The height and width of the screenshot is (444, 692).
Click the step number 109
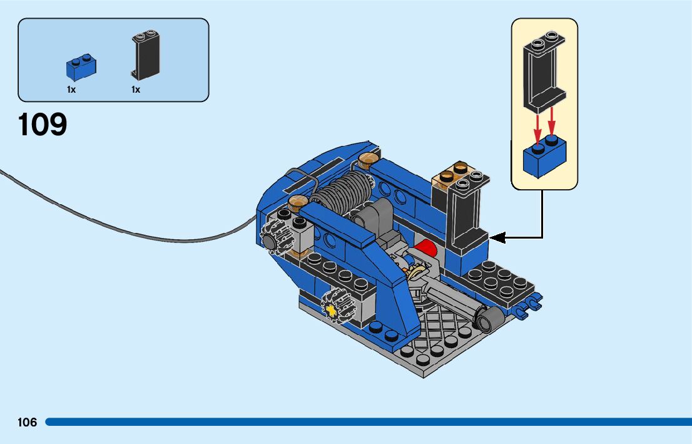coord(43,125)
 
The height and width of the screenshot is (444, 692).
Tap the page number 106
coord(28,422)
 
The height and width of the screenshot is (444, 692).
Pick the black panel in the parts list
coord(146,56)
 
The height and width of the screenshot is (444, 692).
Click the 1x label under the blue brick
coord(71,90)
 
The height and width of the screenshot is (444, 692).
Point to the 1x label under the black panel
coord(136,90)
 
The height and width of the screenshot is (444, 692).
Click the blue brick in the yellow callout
coord(544,157)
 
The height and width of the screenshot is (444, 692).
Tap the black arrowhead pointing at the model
coord(496,237)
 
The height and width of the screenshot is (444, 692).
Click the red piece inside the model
coord(427,247)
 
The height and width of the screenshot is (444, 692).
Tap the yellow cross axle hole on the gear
coord(331,308)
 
